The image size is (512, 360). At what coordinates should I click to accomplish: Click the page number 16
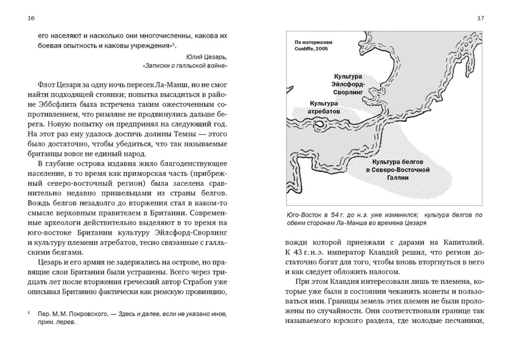click(x=31, y=18)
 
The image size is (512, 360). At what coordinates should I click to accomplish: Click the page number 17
click(x=481, y=18)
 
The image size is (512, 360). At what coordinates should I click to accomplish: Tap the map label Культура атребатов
click(x=324, y=107)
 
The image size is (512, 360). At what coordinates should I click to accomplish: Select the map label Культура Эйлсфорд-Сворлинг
click(x=348, y=84)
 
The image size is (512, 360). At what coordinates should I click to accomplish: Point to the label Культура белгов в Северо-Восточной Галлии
click(x=398, y=170)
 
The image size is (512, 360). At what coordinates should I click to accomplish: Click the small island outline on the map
click(x=319, y=123)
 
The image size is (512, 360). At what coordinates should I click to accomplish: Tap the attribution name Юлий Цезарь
click(x=206, y=57)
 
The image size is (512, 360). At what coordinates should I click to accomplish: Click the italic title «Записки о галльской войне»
click(x=185, y=66)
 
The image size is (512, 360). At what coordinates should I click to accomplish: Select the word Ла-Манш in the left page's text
click(x=177, y=85)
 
